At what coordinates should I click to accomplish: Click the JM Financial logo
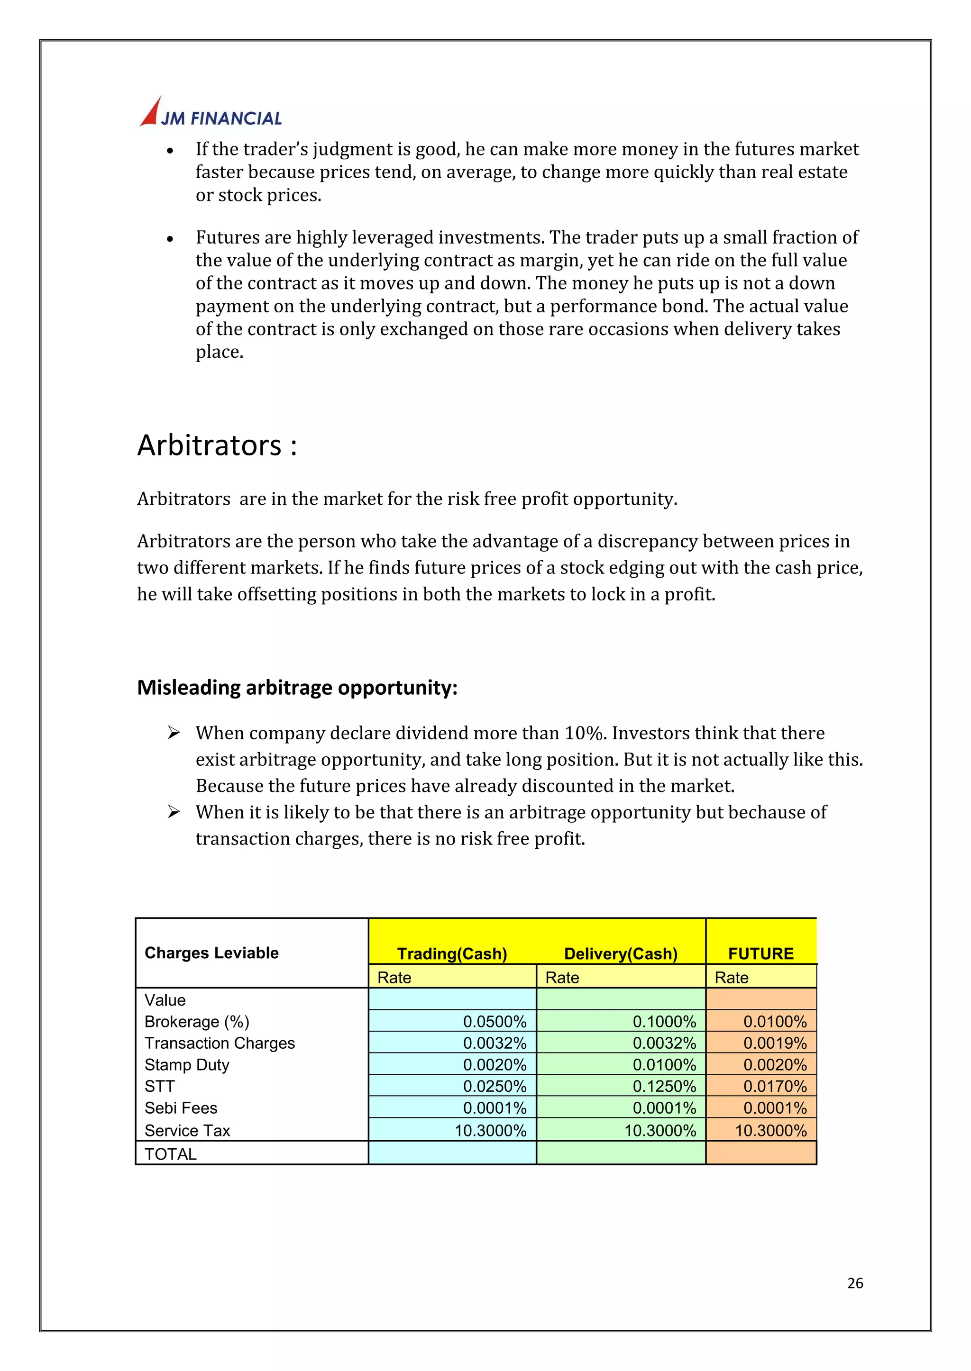pyautogui.click(x=211, y=113)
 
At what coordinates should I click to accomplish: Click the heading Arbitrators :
pyautogui.click(x=217, y=446)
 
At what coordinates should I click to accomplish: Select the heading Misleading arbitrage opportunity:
pyautogui.click(x=297, y=687)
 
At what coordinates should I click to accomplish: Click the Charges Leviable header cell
pyautogui.click(x=211, y=953)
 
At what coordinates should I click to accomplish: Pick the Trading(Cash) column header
pyautogui.click(x=452, y=953)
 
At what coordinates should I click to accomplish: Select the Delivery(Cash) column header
pyautogui.click(x=621, y=953)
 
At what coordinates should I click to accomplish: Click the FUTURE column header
pyautogui.click(x=760, y=953)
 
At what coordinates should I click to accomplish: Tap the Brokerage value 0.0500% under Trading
pyautogui.click(x=495, y=1021)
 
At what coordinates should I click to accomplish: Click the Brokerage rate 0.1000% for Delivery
pyautogui.click(x=664, y=1021)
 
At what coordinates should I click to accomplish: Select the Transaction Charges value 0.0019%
pyautogui.click(x=775, y=1043)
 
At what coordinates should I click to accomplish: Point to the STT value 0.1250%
pyautogui.click(x=664, y=1086)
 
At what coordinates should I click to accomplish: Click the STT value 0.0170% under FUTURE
pyautogui.click(x=775, y=1086)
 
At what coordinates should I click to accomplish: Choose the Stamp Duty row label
pyautogui.click(x=187, y=1064)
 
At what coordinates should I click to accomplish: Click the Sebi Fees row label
pyautogui.click(x=181, y=1108)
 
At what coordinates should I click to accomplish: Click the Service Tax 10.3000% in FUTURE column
pyautogui.click(x=771, y=1130)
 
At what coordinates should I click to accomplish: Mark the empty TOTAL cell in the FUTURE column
pyautogui.click(x=760, y=1153)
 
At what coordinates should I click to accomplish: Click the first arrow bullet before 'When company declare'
pyautogui.click(x=174, y=733)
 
